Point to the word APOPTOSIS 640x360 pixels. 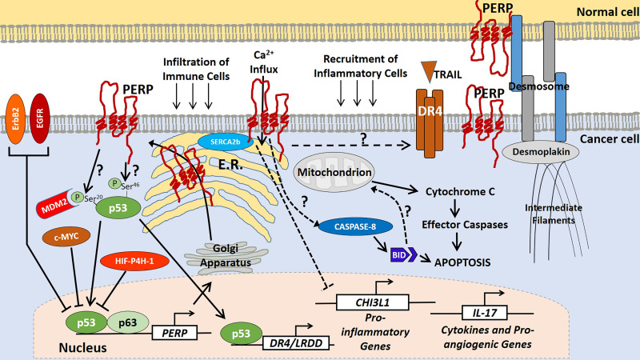462,260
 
